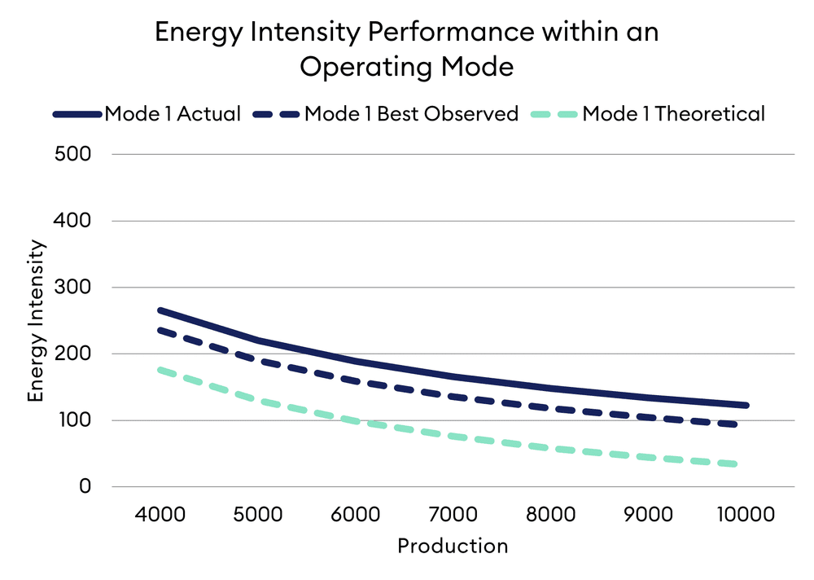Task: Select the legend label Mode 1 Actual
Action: (x=173, y=114)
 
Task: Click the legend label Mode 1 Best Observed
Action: (x=411, y=114)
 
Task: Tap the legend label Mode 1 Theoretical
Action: (x=673, y=114)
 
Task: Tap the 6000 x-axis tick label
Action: (x=356, y=516)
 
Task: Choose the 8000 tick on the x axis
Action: (x=551, y=516)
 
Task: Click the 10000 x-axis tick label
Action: (x=746, y=516)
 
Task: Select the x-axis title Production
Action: (x=453, y=546)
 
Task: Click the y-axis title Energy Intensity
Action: (x=36, y=321)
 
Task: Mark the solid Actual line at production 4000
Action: (x=161, y=310)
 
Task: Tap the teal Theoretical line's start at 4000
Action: (x=161, y=370)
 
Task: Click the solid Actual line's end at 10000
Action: (x=744, y=405)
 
